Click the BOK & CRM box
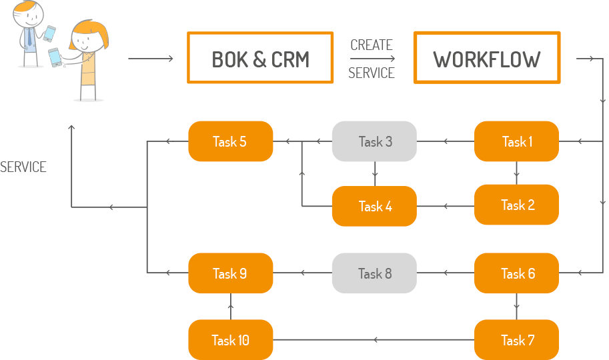(260, 58)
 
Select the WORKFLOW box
(486, 59)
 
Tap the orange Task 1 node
(516, 141)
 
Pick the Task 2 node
(516, 205)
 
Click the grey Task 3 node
(374, 141)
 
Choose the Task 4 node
(374, 207)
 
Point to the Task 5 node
(230, 141)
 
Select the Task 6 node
(516, 273)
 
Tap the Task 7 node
(516, 340)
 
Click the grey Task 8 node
(374, 273)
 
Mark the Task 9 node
(230, 273)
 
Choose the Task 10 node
(230, 340)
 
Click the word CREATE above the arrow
(372, 45)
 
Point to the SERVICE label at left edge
(23, 167)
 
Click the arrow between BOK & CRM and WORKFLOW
(372, 59)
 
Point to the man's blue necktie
(29, 37)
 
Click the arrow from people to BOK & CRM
(151, 59)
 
